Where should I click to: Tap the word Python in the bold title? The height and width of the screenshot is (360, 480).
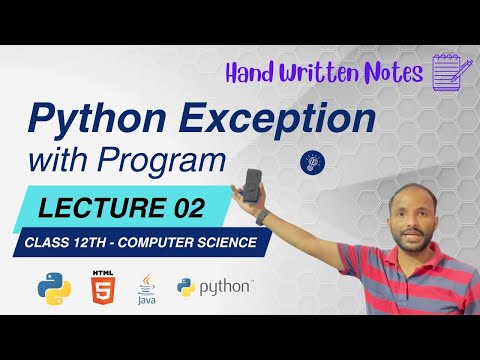click(106, 120)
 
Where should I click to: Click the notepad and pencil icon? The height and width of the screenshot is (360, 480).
click(450, 72)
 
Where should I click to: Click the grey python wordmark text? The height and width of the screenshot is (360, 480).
click(226, 288)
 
